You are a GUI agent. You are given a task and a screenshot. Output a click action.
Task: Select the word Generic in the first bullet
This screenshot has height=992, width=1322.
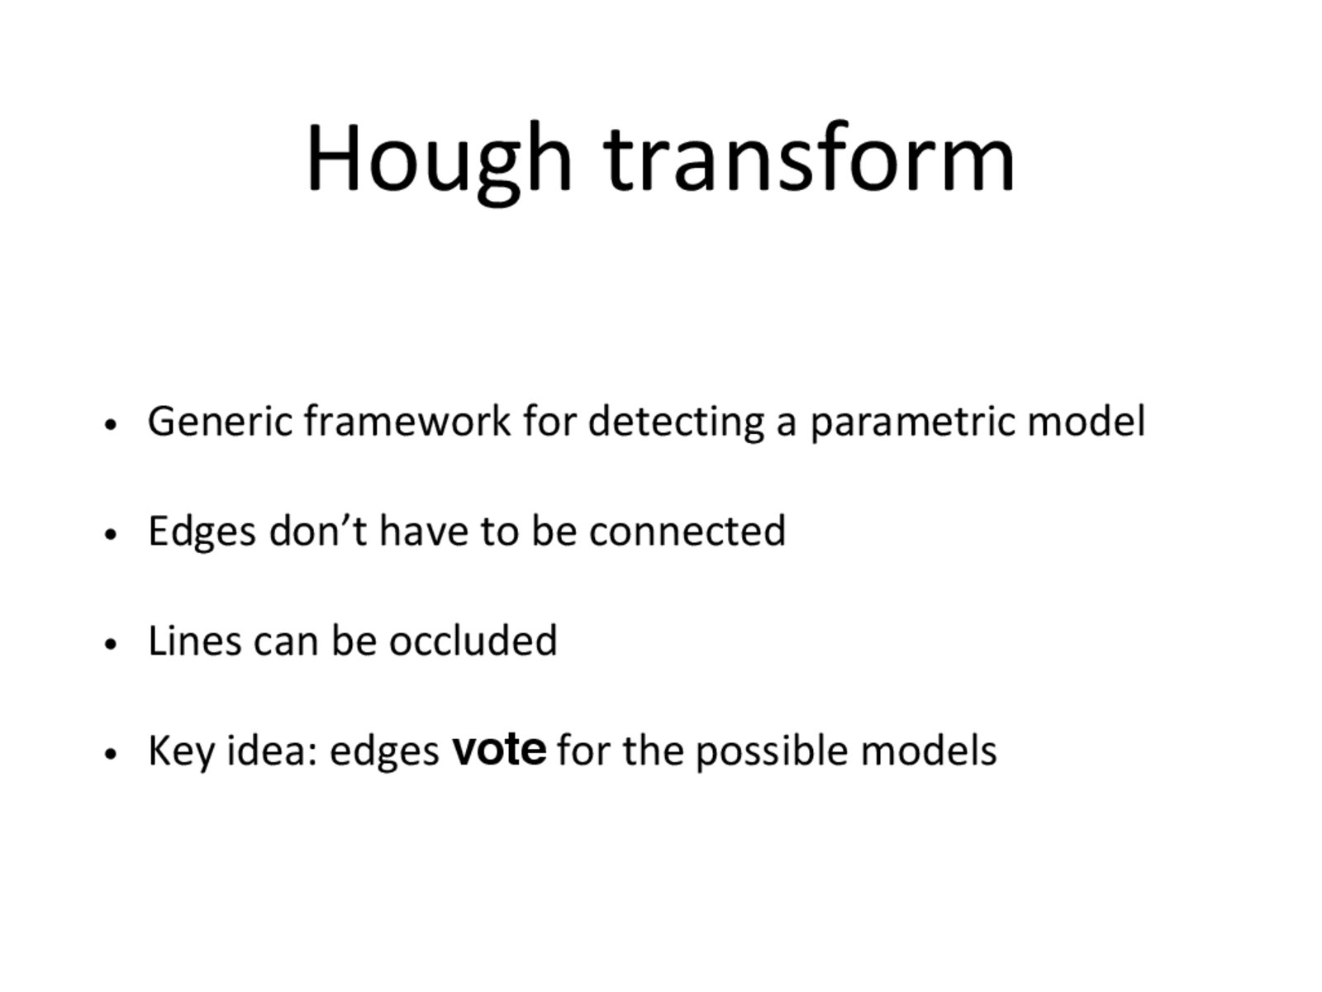(x=220, y=421)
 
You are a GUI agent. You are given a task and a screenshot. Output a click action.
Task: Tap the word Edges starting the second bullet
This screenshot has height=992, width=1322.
(x=202, y=532)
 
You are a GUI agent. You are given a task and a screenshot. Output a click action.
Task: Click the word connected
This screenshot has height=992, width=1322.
(x=687, y=531)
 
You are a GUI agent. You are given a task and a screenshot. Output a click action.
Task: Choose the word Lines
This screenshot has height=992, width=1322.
(x=194, y=640)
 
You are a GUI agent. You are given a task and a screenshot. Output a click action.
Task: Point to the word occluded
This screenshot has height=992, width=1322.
(x=473, y=639)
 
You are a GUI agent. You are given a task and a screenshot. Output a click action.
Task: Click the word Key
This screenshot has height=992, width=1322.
(x=181, y=751)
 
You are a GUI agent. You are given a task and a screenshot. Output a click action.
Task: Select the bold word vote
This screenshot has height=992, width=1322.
(x=499, y=749)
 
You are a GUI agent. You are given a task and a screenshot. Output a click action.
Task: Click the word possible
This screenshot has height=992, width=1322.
(x=772, y=751)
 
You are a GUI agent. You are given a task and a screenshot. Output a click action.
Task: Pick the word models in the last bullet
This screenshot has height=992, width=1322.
(x=928, y=750)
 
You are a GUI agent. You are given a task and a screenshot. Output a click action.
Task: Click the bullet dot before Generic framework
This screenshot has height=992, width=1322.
(x=110, y=425)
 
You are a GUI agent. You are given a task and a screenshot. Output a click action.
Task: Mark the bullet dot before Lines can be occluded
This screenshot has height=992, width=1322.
(x=110, y=644)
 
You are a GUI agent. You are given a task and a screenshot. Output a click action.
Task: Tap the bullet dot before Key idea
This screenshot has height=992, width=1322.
(x=110, y=753)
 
